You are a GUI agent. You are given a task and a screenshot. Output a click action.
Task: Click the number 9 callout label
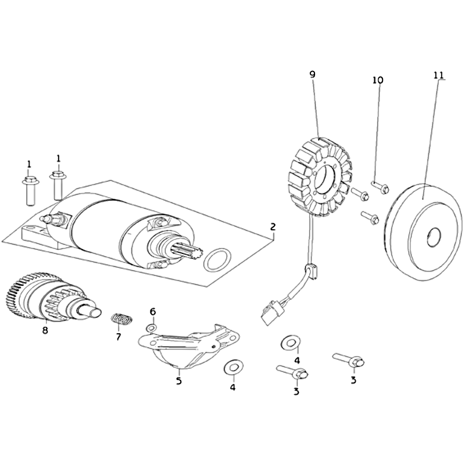coord(312,74)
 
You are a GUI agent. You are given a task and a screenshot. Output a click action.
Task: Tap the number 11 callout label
coord(438,76)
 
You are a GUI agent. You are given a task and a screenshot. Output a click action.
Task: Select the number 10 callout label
coord(378,80)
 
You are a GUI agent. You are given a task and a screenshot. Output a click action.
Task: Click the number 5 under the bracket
coord(179,381)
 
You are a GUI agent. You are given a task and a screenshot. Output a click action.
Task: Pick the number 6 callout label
coord(153,312)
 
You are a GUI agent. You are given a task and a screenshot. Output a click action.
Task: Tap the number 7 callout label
coord(118,337)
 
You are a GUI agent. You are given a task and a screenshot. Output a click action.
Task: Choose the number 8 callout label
coord(45,331)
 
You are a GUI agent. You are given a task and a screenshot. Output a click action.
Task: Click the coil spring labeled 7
coord(121,319)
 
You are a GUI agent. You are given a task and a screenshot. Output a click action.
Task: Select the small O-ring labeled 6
coord(151,329)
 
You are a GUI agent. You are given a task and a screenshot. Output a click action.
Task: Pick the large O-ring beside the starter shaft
coord(217,260)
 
